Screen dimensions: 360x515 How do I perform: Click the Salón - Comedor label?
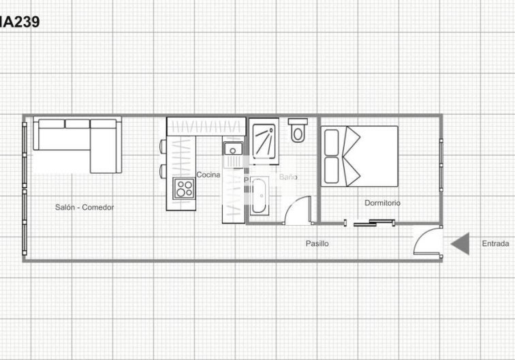click(84, 207)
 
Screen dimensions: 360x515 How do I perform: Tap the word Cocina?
click(208, 175)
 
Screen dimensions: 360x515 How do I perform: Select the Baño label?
click(288, 177)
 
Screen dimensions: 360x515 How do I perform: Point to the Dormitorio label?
click(382, 203)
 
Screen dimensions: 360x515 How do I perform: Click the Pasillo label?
click(317, 243)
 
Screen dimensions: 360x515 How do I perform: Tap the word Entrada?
click(495, 243)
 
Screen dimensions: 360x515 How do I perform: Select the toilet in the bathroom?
click(298, 131)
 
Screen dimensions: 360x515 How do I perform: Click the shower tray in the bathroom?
click(264, 141)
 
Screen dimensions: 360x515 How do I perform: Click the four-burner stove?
click(183, 187)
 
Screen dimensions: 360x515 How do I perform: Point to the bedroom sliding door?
click(373, 222)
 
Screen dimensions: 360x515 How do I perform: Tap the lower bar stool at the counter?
click(163, 170)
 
